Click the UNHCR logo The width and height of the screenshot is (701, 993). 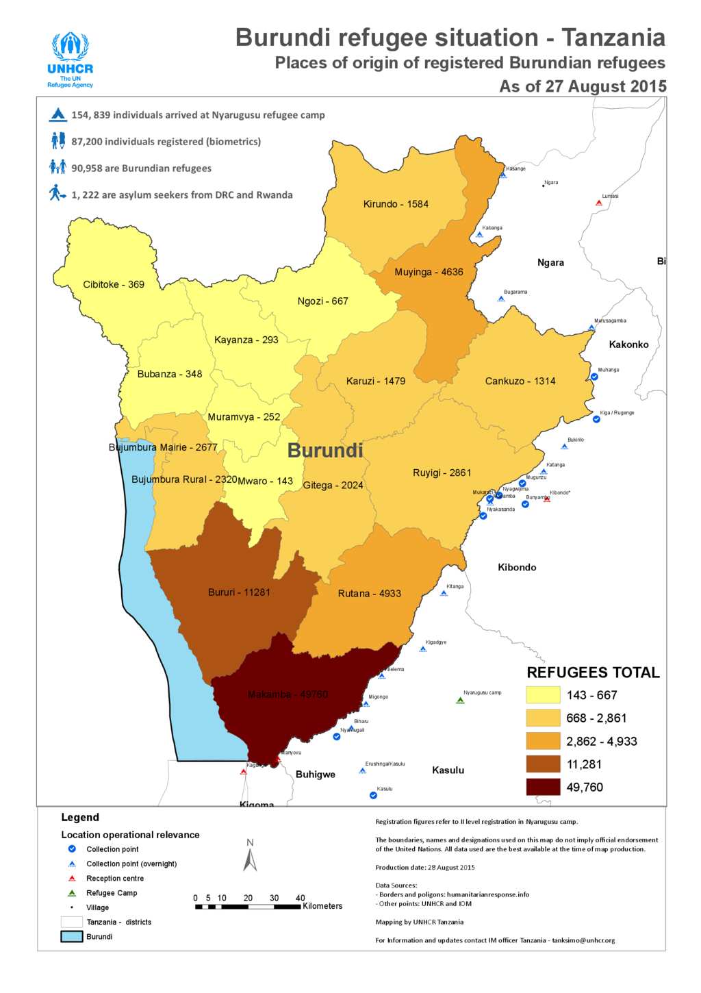(71, 60)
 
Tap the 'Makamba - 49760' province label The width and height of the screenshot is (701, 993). (288, 694)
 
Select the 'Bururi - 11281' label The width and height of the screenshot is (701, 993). (239, 592)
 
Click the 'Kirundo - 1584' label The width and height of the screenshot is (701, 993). (396, 204)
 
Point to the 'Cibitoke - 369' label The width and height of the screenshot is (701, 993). (114, 284)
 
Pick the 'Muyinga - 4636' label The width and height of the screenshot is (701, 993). (429, 272)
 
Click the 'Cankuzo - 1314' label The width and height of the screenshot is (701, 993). (520, 381)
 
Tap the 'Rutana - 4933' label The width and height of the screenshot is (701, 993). (370, 594)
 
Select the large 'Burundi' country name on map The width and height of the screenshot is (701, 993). (325, 451)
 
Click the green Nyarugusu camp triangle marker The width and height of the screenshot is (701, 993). (461, 700)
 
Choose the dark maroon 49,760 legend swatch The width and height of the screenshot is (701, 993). (543, 788)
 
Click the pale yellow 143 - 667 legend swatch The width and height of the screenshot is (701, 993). (543, 695)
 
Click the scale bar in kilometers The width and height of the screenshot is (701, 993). (248, 907)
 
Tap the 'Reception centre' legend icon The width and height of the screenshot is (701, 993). (72, 879)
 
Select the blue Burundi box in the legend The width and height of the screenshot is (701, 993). (72, 937)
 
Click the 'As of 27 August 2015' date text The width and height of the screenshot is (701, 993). (583, 86)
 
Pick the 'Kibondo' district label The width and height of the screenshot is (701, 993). (517, 567)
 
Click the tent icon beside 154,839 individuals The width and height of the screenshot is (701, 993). (58, 115)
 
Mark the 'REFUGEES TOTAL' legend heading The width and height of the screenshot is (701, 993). (593, 673)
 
